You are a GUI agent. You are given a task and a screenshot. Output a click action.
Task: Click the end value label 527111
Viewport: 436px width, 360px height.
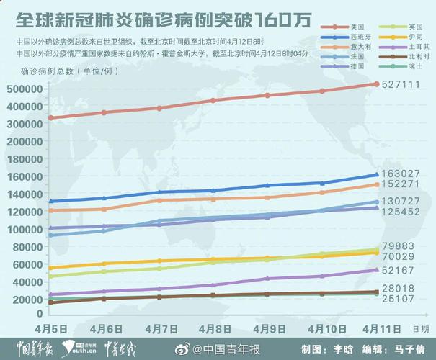click(400, 85)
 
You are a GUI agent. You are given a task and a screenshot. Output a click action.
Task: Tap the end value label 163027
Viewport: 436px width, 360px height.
click(400, 174)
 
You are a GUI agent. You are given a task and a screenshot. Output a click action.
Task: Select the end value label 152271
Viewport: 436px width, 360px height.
click(400, 184)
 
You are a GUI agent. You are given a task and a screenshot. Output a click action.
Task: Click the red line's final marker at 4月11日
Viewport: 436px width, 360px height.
click(375, 84)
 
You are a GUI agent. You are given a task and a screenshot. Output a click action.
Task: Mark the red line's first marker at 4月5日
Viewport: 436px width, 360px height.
click(50, 118)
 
